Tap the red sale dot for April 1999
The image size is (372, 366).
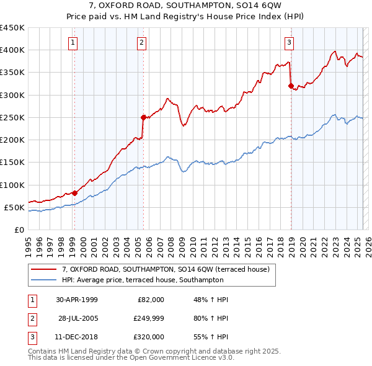point(74,193)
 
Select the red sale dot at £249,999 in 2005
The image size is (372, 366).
point(143,117)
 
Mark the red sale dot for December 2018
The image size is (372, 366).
point(290,86)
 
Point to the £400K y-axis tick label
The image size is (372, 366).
point(12,50)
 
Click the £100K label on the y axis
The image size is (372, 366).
point(12,185)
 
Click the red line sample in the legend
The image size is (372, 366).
point(43,270)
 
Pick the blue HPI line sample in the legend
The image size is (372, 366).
point(43,280)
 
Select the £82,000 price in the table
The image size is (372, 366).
point(151,300)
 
